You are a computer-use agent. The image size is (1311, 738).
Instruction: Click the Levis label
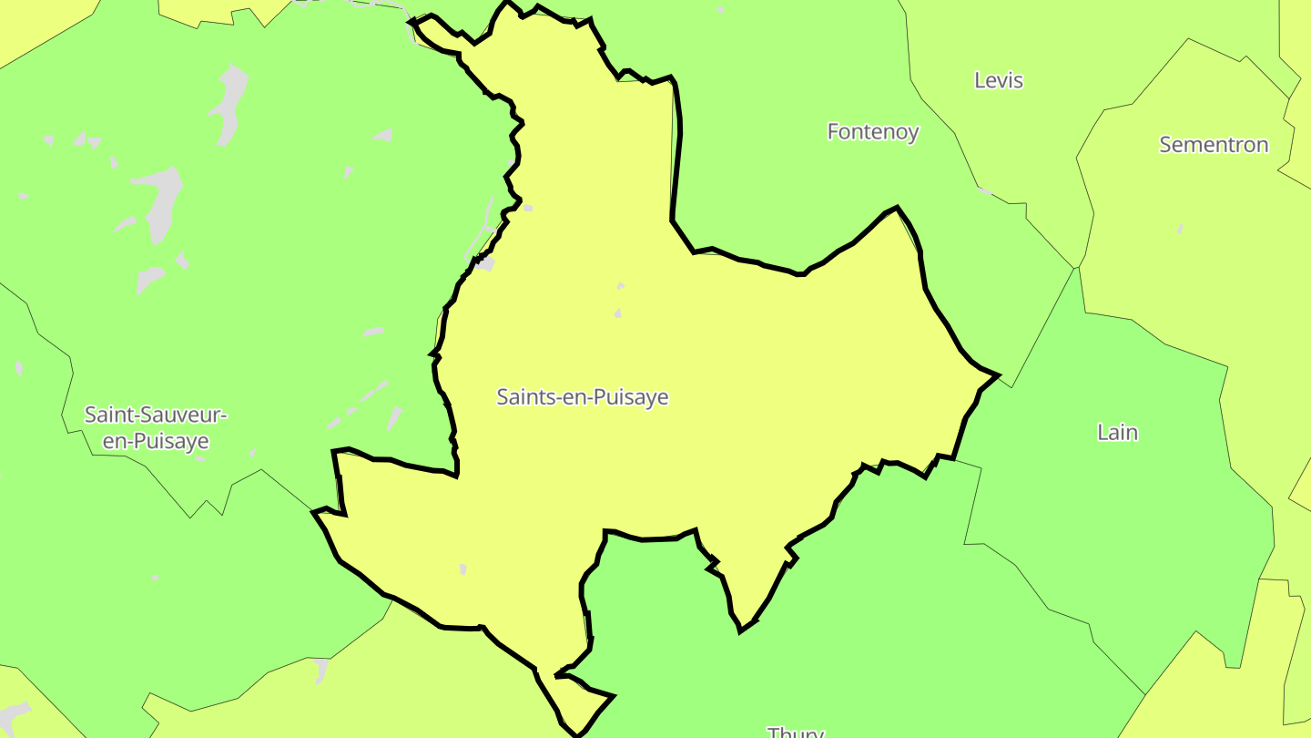999,80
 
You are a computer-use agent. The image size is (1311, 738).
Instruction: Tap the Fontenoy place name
873,131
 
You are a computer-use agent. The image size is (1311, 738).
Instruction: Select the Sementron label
1214,144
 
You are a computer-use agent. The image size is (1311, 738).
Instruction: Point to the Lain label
1117,432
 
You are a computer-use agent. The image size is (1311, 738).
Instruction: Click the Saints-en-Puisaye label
583,397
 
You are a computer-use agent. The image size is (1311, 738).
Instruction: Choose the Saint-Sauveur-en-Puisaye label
156,427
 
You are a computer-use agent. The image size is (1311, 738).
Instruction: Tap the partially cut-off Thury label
796,732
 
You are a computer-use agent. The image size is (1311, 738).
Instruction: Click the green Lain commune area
1120,510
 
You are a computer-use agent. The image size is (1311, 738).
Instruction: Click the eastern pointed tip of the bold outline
998,374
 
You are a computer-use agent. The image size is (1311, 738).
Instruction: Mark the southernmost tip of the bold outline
576,734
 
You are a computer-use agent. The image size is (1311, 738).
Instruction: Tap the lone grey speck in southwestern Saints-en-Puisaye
463,569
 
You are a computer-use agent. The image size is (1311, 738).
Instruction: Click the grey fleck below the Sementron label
1180,227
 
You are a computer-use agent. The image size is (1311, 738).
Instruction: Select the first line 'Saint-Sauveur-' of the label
156,415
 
